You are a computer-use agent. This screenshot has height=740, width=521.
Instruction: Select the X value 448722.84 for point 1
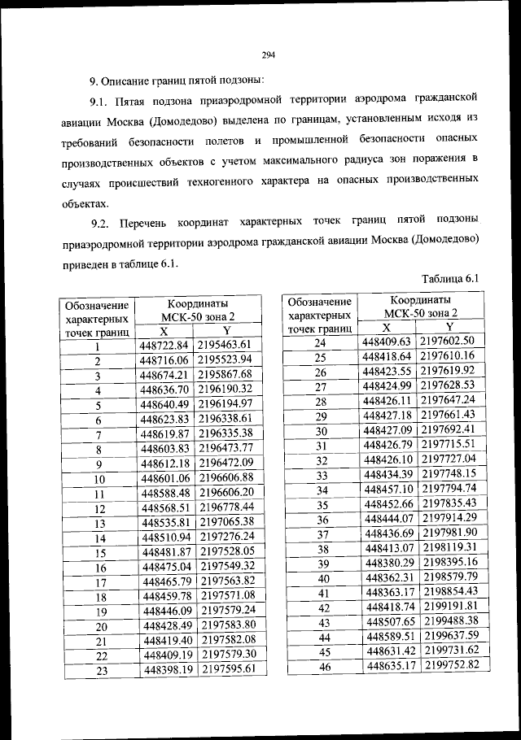point(164,346)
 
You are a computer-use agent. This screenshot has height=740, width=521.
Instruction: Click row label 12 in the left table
point(98,509)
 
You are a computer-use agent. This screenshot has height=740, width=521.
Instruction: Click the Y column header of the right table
point(449,326)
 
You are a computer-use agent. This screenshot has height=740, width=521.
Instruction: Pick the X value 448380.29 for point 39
point(388,563)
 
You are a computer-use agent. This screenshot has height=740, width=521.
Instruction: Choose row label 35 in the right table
point(321,505)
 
